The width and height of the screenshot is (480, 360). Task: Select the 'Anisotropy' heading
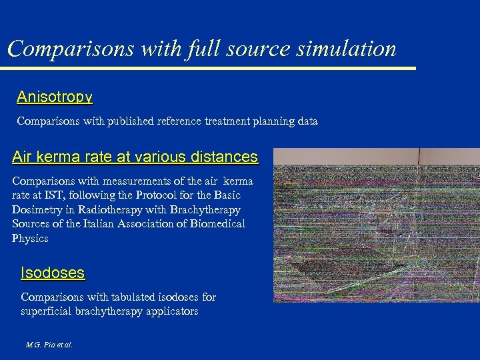coord(55,97)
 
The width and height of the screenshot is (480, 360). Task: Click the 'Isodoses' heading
coord(53,273)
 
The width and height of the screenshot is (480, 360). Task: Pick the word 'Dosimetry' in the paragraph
coord(36,209)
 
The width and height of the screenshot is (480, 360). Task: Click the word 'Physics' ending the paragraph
coord(30,239)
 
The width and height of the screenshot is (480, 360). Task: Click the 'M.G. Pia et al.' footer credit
coord(49,345)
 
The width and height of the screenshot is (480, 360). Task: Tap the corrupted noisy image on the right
coord(377,225)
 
